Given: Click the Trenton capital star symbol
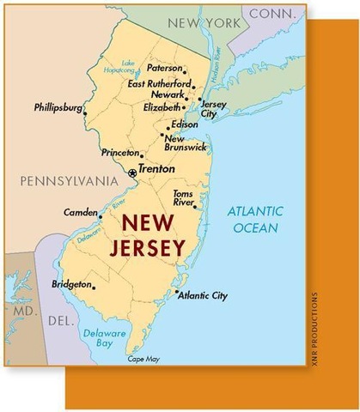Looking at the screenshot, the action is [132, 173].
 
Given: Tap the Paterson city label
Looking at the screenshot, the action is [164, 67].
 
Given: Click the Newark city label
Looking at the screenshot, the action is [168, 95].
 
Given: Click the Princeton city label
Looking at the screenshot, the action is [119, 153].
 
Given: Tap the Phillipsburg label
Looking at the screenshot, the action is [58, 108].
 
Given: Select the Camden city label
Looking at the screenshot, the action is [81, 211].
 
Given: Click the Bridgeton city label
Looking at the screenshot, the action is [71, 283].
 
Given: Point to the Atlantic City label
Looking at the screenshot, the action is [204, 296].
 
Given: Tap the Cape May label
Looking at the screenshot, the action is [143, 359].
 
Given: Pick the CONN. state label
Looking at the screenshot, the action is [275, 13].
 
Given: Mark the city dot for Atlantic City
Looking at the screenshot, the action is [177, 293].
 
